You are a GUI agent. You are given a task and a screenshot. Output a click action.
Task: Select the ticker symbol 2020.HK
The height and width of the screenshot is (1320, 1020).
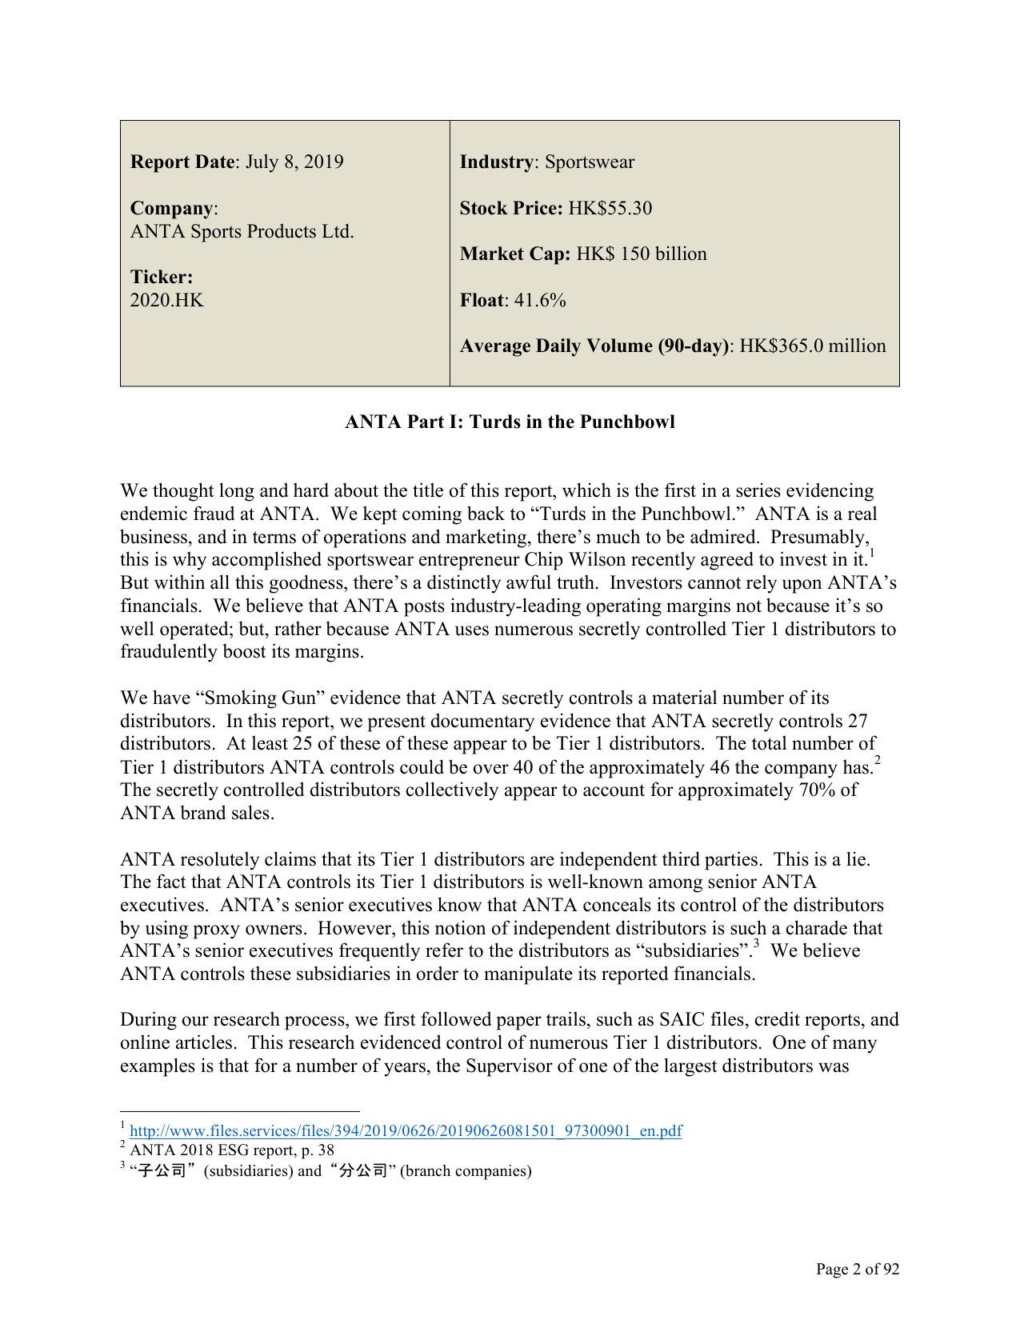point(166,301)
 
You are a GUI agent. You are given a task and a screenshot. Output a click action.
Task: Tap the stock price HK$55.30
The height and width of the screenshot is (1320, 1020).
point(610,209)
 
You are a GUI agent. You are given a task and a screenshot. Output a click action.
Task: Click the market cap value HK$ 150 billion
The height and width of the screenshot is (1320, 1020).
point(641,254)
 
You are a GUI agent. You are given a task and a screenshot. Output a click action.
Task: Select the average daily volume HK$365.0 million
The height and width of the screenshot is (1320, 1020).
point(812,346)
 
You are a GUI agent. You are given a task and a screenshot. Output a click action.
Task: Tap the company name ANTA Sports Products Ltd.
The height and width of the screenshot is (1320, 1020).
point(242,232)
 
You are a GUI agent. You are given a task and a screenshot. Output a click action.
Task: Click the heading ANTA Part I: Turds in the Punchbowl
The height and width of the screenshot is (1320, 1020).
point(510,422)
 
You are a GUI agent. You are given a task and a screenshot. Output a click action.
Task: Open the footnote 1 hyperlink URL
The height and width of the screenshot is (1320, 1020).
point(406,1131)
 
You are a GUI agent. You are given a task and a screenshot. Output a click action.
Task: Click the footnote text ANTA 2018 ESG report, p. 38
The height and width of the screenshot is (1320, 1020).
point(232,1150)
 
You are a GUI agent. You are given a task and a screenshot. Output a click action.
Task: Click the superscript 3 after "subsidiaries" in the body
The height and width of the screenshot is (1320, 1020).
point(755,945)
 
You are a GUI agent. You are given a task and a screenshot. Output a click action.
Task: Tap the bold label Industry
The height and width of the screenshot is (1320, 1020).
point(496,162)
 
